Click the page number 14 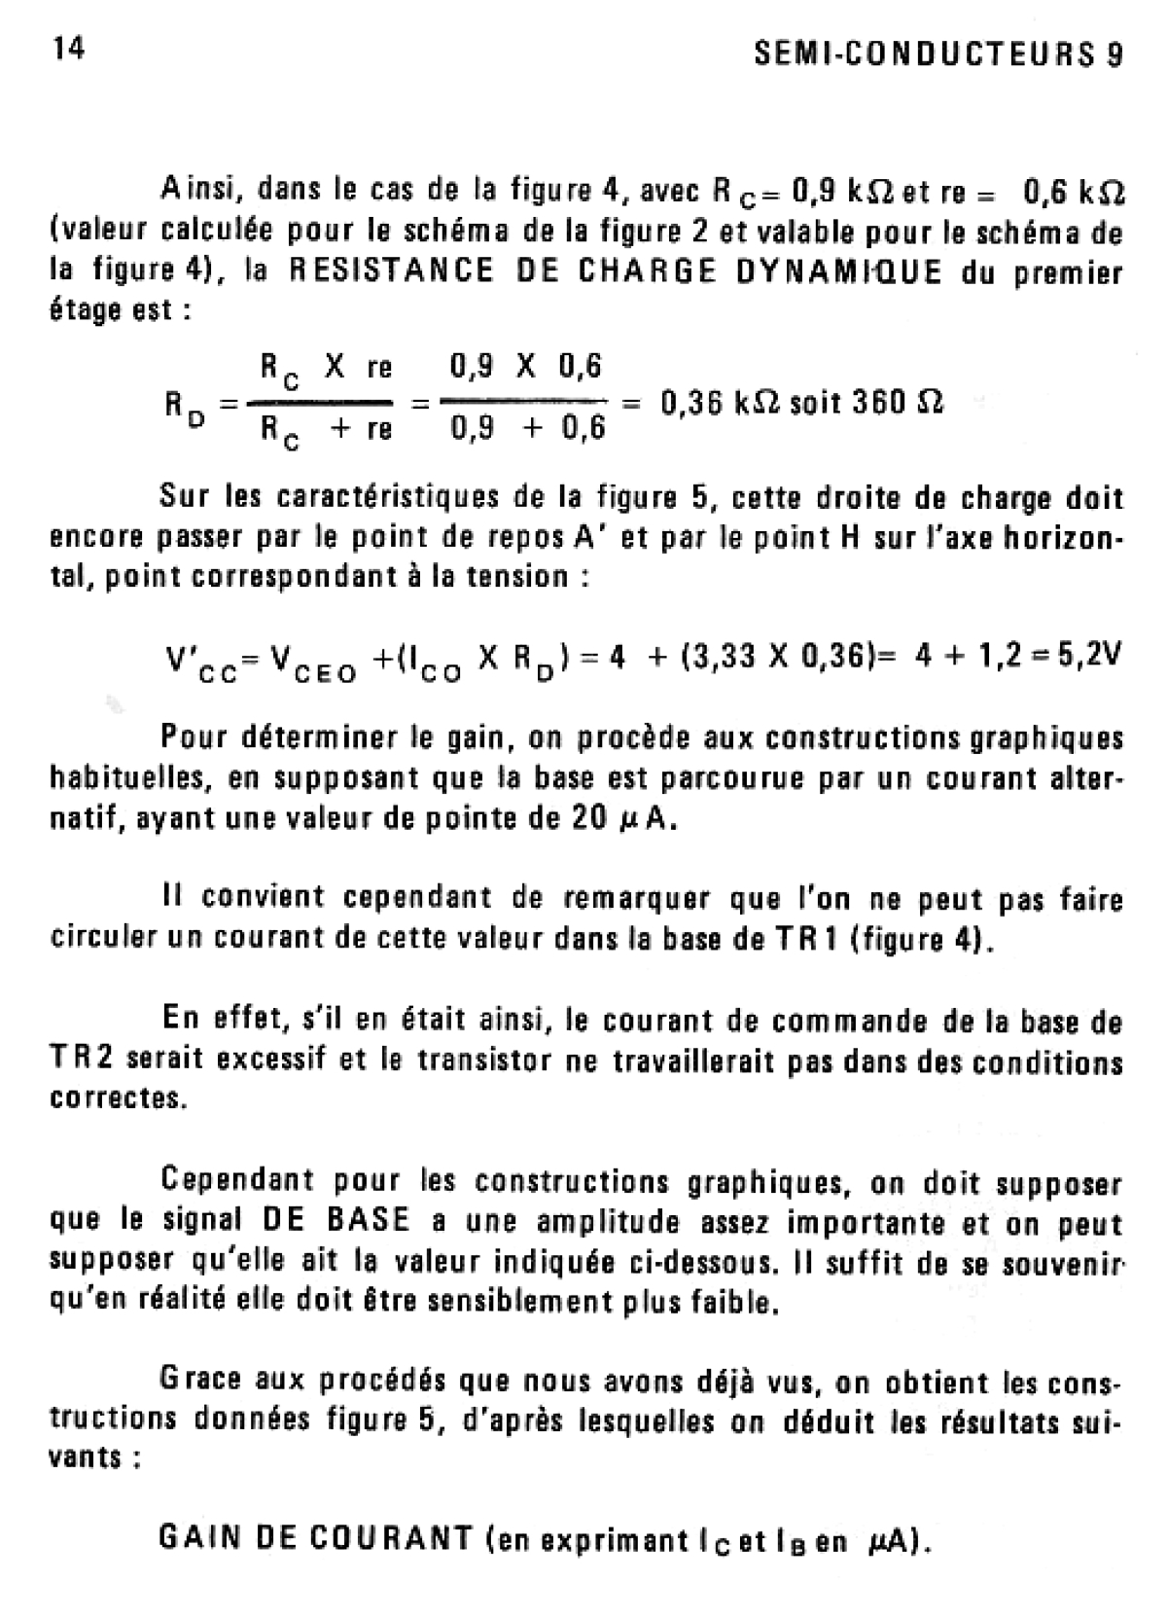click(x=67, y=49)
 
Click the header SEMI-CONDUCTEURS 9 click(x=938, y=54)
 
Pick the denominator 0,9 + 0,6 click(x=528, y=428)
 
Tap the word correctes click(x=116, y=1098)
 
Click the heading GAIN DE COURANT click(x=315, y=1538)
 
